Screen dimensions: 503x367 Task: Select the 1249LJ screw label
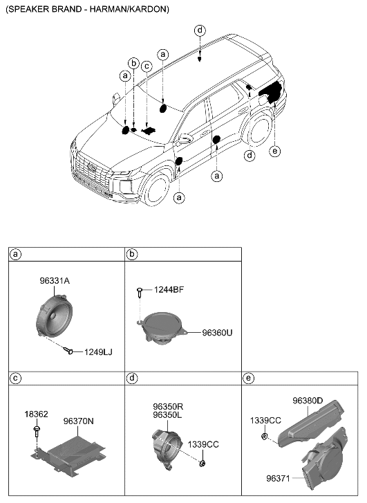coord(97,352)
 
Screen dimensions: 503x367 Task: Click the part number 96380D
coord(313,400)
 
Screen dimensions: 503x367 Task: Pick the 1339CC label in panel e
coord(265,420)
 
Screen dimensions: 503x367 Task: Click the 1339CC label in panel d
coord(203,445)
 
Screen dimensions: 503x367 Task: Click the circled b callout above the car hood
coord(133,63)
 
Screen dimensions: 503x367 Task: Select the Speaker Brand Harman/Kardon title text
coord(86,9)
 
